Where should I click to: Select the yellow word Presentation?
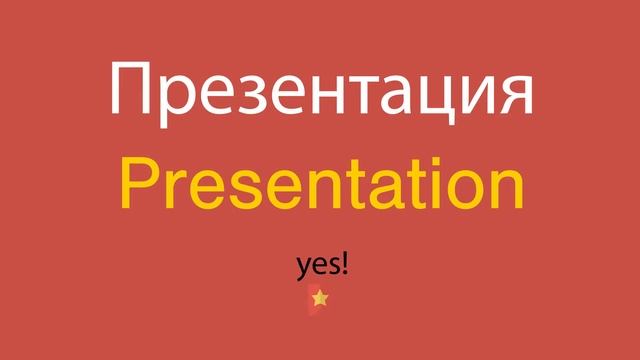pyautogui.click(x=320, y=187)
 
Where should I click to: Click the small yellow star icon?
pyautogui.click(x=319, y=298)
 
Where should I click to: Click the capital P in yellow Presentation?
pyautogui.click(x=139, y=185)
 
